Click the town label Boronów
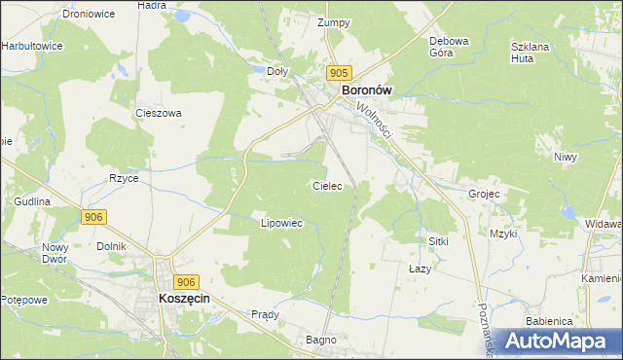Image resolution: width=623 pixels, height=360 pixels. point(366,90)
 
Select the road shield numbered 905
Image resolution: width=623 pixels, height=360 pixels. point(339,73)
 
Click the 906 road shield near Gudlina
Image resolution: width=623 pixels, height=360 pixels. point(93,217)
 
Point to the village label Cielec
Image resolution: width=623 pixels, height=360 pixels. point(326,185)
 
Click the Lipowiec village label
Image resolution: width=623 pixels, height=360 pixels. point(282,223)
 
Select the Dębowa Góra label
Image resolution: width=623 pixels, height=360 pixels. point(450,47)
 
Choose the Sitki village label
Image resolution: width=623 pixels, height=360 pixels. point(438,239)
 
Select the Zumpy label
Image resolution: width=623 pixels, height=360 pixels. point(333,21)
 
